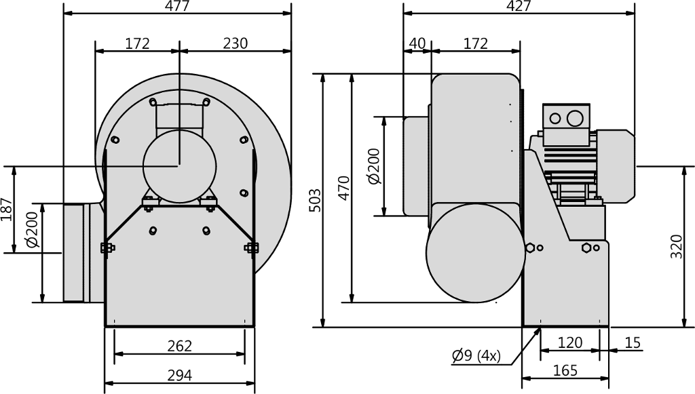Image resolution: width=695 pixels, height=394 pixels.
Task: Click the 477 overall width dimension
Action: pyautogui.click(x=177, y=5)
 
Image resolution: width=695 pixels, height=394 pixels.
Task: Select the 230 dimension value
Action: pyautogui.click(x=235, y=43)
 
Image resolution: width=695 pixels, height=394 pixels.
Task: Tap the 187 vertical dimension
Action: pyautogui.click(x=7, y=210)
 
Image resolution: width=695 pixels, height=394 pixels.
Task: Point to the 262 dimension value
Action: pyautogui.click(x=179, y=346)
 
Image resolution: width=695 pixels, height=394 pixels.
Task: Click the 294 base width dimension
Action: pyautogui.click(x=179, y=376)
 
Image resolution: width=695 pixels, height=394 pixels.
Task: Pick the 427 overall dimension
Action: pyautogui.click(x=518, y=5)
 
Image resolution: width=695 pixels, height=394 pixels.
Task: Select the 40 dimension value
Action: pyautogui.click(x=417, y=43)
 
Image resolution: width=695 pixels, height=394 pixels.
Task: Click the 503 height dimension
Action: pyautogui.click(x=314, y=200)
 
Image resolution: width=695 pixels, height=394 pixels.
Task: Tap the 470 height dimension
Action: pyautogui.click(x=343, y=188)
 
